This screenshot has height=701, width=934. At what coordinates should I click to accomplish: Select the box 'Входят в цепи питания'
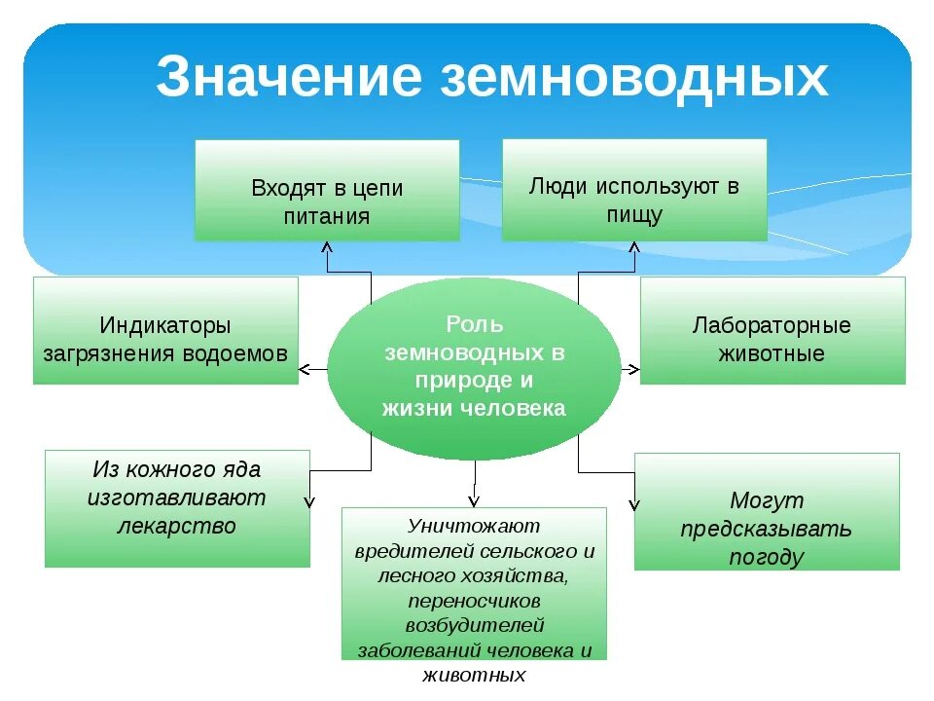327,191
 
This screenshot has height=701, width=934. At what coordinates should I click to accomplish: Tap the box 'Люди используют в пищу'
634,190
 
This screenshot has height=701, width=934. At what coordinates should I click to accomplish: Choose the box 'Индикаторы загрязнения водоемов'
165,330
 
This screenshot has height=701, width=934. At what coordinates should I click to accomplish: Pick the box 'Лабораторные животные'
772,330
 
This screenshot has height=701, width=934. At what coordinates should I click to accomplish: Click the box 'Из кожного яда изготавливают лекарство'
177,507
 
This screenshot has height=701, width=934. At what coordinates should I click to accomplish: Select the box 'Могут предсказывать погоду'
767,511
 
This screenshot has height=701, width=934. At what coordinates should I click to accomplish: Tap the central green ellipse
474,367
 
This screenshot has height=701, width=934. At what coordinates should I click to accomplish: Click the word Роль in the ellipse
474,323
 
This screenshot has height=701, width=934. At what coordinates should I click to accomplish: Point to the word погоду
767,557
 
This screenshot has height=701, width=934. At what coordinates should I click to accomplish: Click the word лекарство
177,527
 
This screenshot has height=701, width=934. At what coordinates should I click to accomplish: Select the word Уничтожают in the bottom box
474,526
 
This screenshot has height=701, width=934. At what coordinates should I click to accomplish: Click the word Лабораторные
772,324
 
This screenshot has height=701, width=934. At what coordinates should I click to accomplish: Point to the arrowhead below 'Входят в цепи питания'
327,247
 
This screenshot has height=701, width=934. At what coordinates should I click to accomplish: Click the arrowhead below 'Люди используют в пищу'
634,247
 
